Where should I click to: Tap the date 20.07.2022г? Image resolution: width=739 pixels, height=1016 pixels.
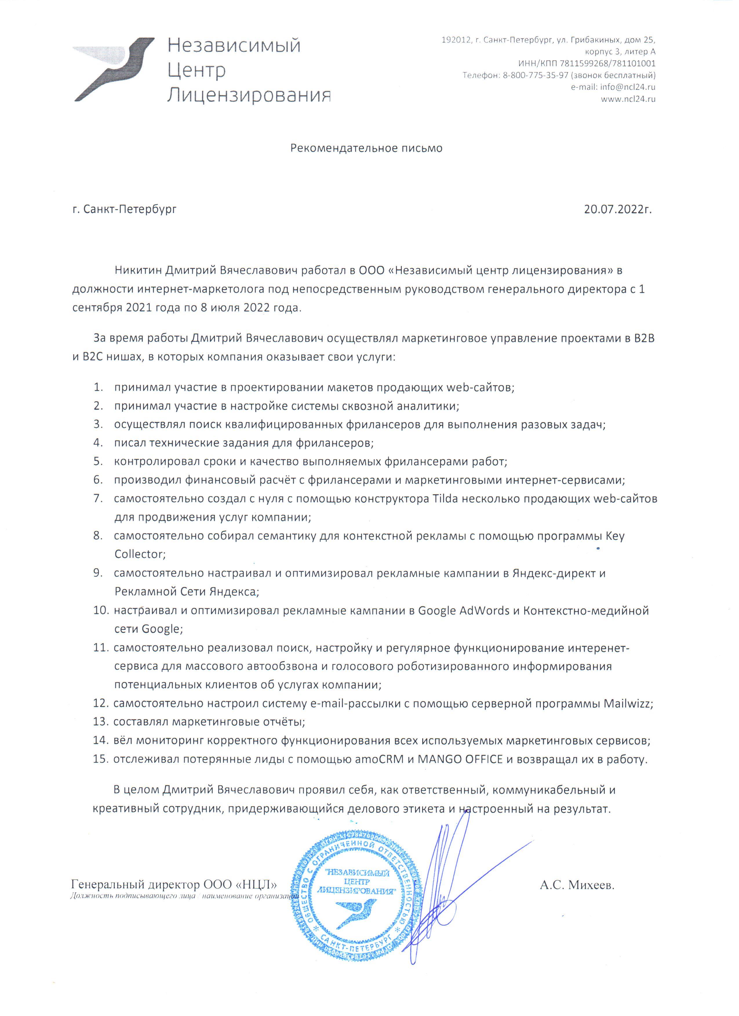618,209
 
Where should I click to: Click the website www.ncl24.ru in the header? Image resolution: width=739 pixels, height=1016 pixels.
628,99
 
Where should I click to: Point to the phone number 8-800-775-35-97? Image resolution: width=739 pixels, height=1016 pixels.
536,75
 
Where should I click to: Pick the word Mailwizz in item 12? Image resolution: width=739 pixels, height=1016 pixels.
627,704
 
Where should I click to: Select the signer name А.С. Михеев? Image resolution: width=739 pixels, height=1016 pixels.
577,885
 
